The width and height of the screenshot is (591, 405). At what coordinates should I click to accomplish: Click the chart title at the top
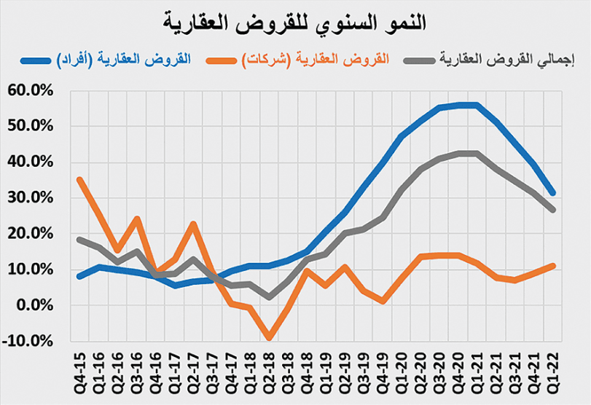[x=295, y=22]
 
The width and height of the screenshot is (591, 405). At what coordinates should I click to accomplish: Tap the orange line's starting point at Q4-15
[x=79, y=179]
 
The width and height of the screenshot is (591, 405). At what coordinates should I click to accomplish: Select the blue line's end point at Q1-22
[x=553, y=193]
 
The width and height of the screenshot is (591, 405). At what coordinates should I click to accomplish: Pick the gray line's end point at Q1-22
[x=553, y=210]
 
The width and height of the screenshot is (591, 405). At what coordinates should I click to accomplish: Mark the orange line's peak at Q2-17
[x=193, y=224]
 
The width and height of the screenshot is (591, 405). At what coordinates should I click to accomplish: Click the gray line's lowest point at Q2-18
[x=269, y=297]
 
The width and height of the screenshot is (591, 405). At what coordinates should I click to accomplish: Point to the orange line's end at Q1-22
[x=553, y=266]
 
